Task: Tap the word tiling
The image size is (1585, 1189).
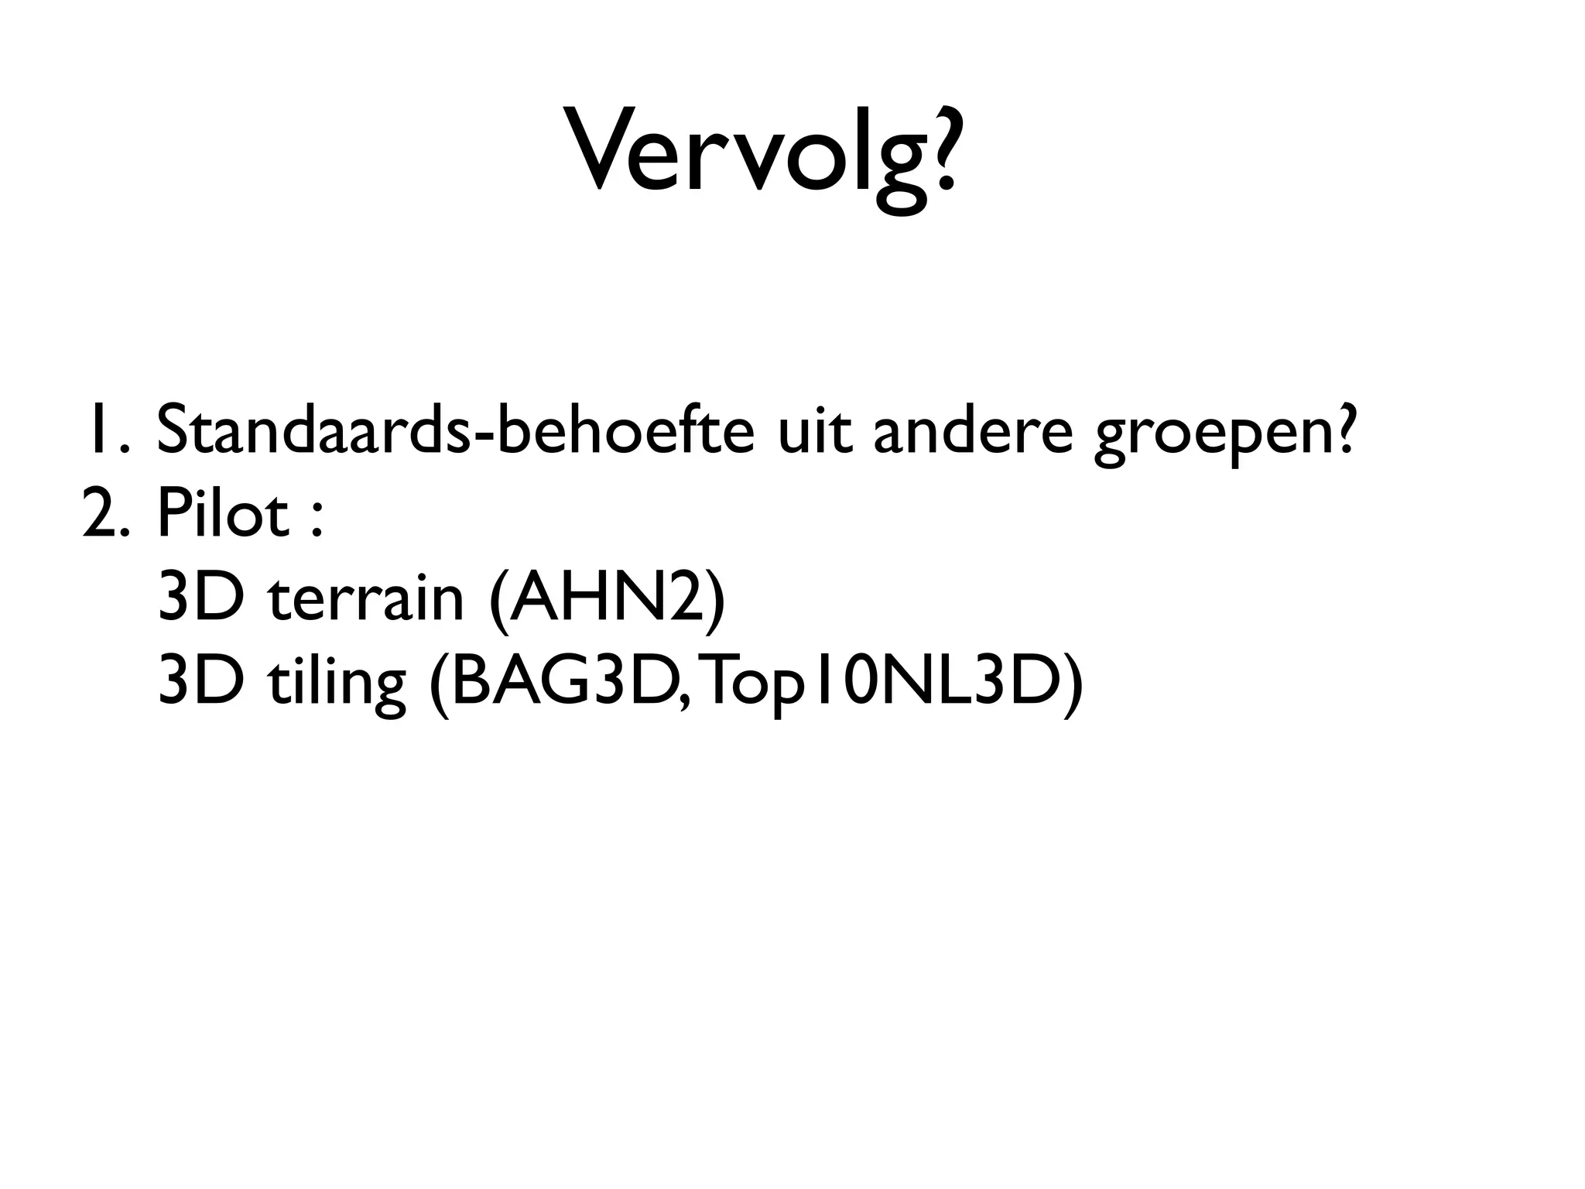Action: (x=336, y=683)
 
